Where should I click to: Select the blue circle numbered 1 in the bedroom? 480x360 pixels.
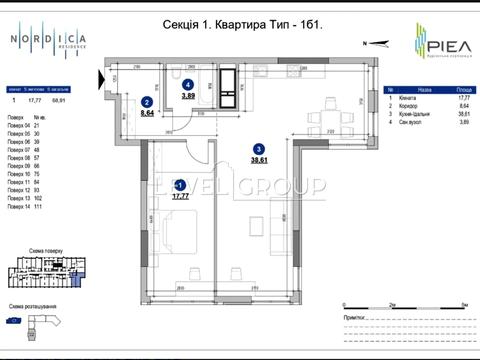[179, 186]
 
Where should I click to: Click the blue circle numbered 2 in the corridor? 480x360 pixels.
[147, 102]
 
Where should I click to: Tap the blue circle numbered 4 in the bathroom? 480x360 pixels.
[188, 85]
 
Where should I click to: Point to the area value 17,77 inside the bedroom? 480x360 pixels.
[180, 197]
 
